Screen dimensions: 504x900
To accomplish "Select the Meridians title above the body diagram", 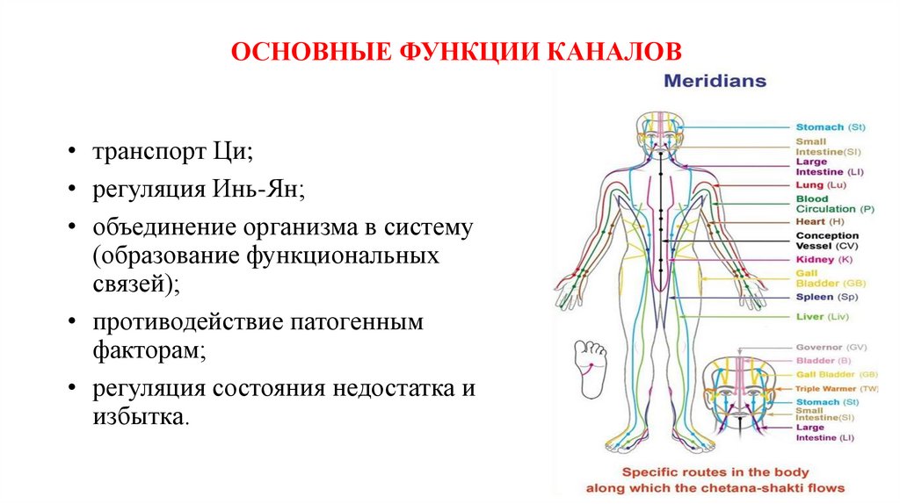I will [715, 82].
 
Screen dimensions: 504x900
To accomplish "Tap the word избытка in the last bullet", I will [138, 415].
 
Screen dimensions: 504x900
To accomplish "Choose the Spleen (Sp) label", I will [825, 297].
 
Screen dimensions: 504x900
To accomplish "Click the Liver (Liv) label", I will [821, 316].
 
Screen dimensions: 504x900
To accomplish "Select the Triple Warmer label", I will [837, 388].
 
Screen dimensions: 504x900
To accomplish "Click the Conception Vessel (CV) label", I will [827, 241].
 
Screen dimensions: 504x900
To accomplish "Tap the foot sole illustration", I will [590, 364].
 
